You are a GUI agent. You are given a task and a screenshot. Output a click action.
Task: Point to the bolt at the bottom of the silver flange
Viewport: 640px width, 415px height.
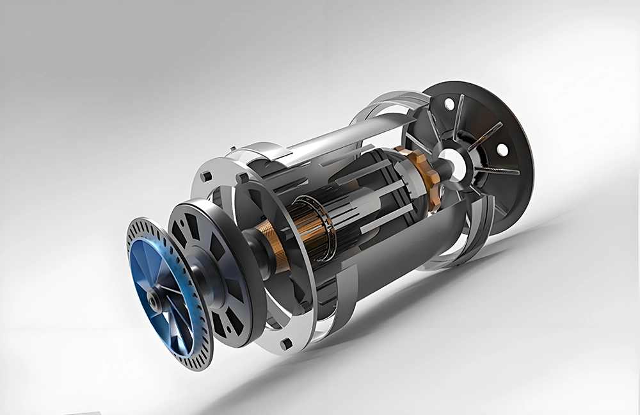(x=286, y=344)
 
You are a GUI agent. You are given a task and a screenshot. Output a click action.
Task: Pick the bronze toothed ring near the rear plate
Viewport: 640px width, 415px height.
(x=424, y=177)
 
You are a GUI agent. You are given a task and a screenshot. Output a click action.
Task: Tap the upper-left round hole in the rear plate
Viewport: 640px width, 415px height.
(x=449, y=103)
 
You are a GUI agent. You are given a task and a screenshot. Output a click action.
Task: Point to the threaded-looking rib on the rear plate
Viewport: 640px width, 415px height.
(x=499, y=171)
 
